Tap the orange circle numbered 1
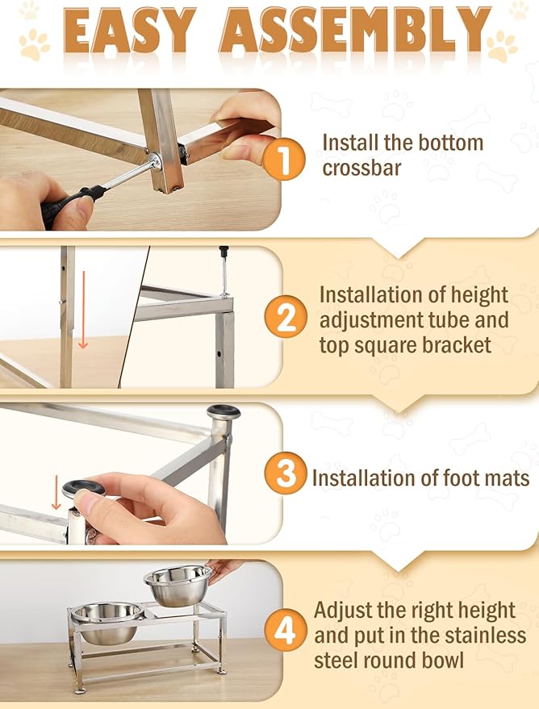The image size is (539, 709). (283, 158)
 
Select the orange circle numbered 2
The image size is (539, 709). (286, 316)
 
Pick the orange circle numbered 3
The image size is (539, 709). (286, 473)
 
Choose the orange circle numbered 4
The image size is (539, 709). (285, 630)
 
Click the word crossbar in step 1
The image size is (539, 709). (361, 169)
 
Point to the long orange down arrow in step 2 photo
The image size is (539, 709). (83, 311)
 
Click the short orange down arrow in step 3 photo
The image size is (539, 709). (56, 492)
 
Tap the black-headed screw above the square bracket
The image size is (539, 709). (224, 271)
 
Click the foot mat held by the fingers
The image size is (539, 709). (83, 487)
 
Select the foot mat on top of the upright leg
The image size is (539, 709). (224, 411)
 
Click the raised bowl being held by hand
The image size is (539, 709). (178, 585)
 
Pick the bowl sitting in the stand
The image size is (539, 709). (108, 622)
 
